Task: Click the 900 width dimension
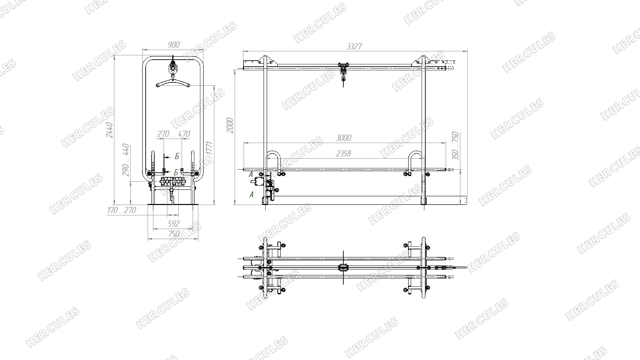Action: (174, 45)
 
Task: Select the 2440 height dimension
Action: (110, 130)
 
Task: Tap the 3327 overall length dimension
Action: (354, 46)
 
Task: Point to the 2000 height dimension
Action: (230, 125)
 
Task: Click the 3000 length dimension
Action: (344, 138)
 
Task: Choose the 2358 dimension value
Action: (344, 153)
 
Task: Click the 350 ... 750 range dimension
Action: (456, 146)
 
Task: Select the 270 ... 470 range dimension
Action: (174, 134)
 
